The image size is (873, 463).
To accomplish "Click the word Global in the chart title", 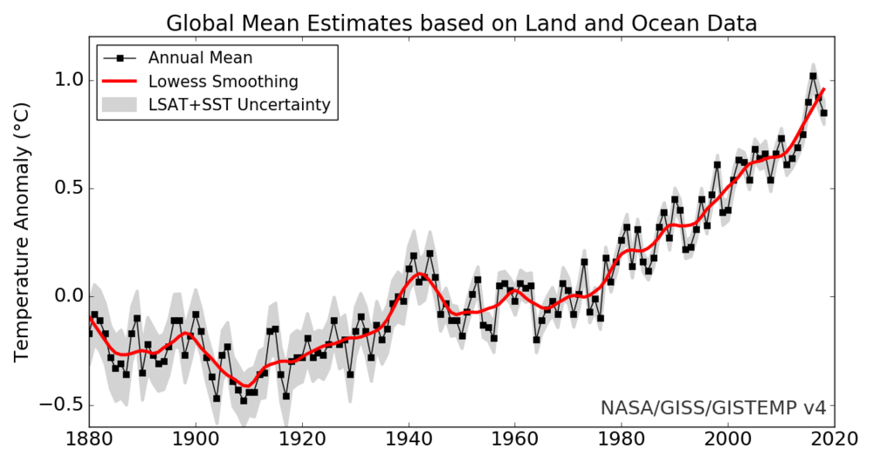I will (x=197, y=22).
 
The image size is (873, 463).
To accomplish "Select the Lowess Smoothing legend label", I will (x=223, y=82).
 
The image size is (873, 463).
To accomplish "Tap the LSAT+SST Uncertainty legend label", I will (x=239, y=106).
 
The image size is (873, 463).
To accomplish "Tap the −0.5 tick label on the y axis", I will (x=58, y=405).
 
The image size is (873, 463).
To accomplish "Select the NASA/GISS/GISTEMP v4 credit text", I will (x=712, y=408).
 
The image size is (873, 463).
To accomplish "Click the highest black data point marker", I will (x=813, y=76).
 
